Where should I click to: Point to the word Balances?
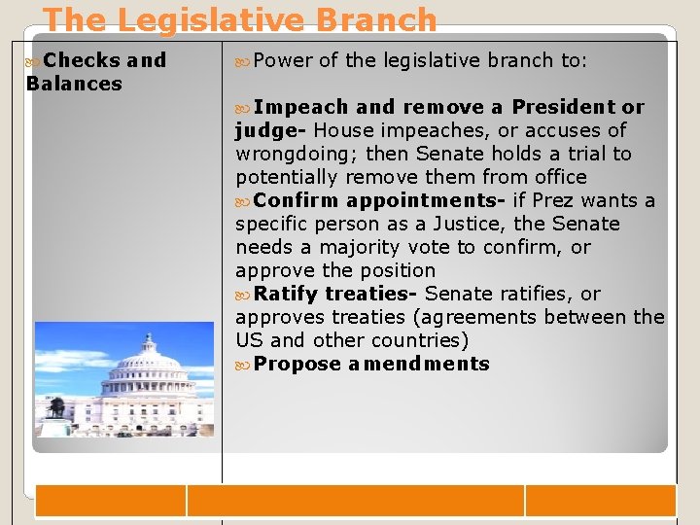point(74,84)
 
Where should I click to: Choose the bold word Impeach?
point(301,107)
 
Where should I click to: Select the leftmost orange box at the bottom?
point(110,501)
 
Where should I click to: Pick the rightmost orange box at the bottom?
point(600,501)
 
